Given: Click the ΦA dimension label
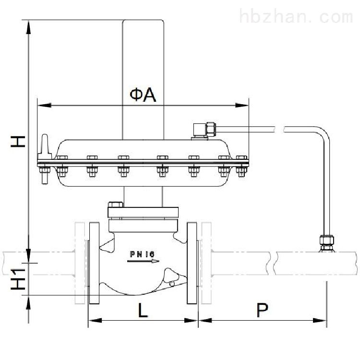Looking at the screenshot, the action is click(x=143, y=95).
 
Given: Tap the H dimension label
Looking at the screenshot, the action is click(x=18, y=142).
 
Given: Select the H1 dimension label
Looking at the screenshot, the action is click(x=18, y=279).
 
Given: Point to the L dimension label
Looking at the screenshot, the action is click(x=143, y=310).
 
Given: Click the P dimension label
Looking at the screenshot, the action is click(x=262, y=310).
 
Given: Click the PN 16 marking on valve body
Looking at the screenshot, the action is click(x=143, y=254).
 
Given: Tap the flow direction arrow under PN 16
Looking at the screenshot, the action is click(x=143, y=261).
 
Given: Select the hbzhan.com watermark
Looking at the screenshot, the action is click(x=296, y=16).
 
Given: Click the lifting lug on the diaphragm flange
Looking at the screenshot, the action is click(x=45, y=146).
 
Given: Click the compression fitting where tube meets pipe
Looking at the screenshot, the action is click(x=327, y=243).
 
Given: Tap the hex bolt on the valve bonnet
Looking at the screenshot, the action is click(x=116, y=204).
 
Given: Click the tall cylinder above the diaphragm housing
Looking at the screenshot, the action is click(x=143, y=80).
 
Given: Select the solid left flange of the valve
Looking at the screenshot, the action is click(x=94, y=263).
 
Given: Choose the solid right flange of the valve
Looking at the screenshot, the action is click(x=192, y=263).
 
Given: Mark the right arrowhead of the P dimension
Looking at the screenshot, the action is click(x=320, y=320).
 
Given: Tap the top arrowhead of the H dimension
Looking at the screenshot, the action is click(x=28, y=27).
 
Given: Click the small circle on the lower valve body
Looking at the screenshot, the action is click(x=172, y=284).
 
